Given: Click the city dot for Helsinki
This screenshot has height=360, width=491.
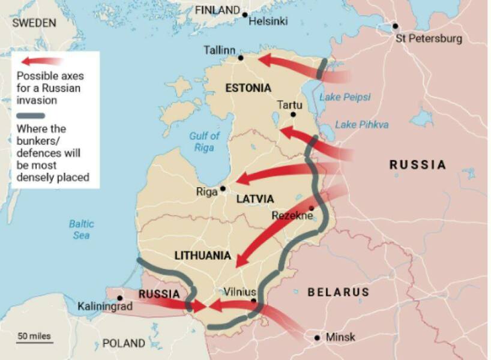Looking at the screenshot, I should coord(245,13).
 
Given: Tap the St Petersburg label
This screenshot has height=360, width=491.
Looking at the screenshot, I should coord(429,39).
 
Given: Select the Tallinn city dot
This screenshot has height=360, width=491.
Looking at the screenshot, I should coord(241,58).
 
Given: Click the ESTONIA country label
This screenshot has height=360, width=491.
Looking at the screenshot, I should coord(248,88).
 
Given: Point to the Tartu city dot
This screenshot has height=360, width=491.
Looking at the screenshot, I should coord(294,114).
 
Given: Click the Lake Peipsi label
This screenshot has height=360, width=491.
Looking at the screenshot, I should coord(345,97).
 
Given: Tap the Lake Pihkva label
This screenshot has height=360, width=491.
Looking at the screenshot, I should coord(361,125).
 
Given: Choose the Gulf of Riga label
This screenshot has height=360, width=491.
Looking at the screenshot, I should coord(204,142).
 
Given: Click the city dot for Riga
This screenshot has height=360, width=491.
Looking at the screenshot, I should coord(223,188).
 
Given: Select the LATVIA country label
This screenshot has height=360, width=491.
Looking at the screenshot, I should coord(255,199).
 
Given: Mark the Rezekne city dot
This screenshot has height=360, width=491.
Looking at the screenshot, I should coord(312,208).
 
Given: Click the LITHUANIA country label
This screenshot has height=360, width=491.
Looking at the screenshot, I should coord(202,256).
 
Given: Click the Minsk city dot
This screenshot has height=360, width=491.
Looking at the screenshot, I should coord(317,338).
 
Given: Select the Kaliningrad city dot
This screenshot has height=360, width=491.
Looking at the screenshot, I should coord(120,298).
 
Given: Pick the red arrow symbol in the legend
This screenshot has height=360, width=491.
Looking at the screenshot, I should coord(41,61).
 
